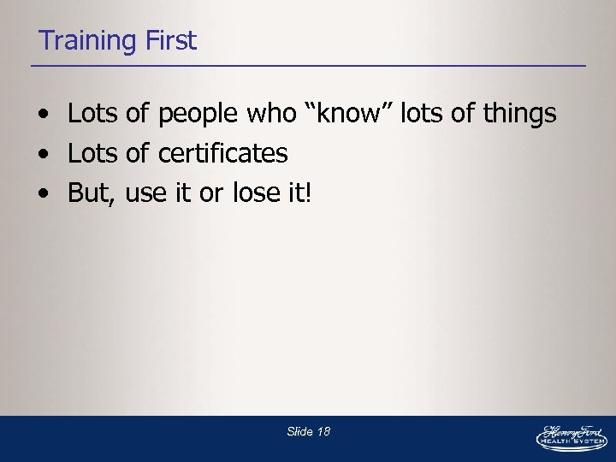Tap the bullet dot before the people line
(42, 115)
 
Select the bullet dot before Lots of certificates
(42, 155)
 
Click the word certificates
(223, 153)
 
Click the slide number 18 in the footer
(323, 432)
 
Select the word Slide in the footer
(299, 432)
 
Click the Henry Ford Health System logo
(571, 437)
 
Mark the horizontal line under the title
(308, 66)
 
